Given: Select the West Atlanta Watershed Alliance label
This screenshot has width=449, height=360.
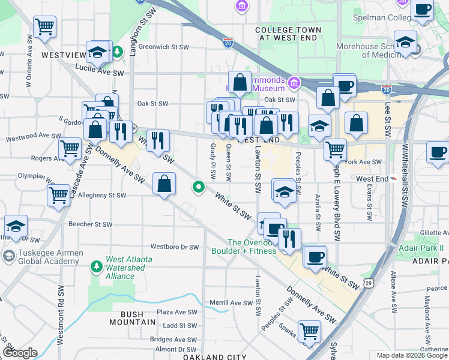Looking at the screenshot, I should click(x=128, y=268).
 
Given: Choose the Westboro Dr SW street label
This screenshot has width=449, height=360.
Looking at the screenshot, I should click(x=174, y=247).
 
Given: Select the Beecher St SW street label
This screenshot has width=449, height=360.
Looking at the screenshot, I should click(x=91, y=224).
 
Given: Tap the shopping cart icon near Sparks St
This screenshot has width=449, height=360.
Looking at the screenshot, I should click(x=309, y=331).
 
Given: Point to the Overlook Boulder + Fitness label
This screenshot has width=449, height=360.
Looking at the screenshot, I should click(x=251, y=247).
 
